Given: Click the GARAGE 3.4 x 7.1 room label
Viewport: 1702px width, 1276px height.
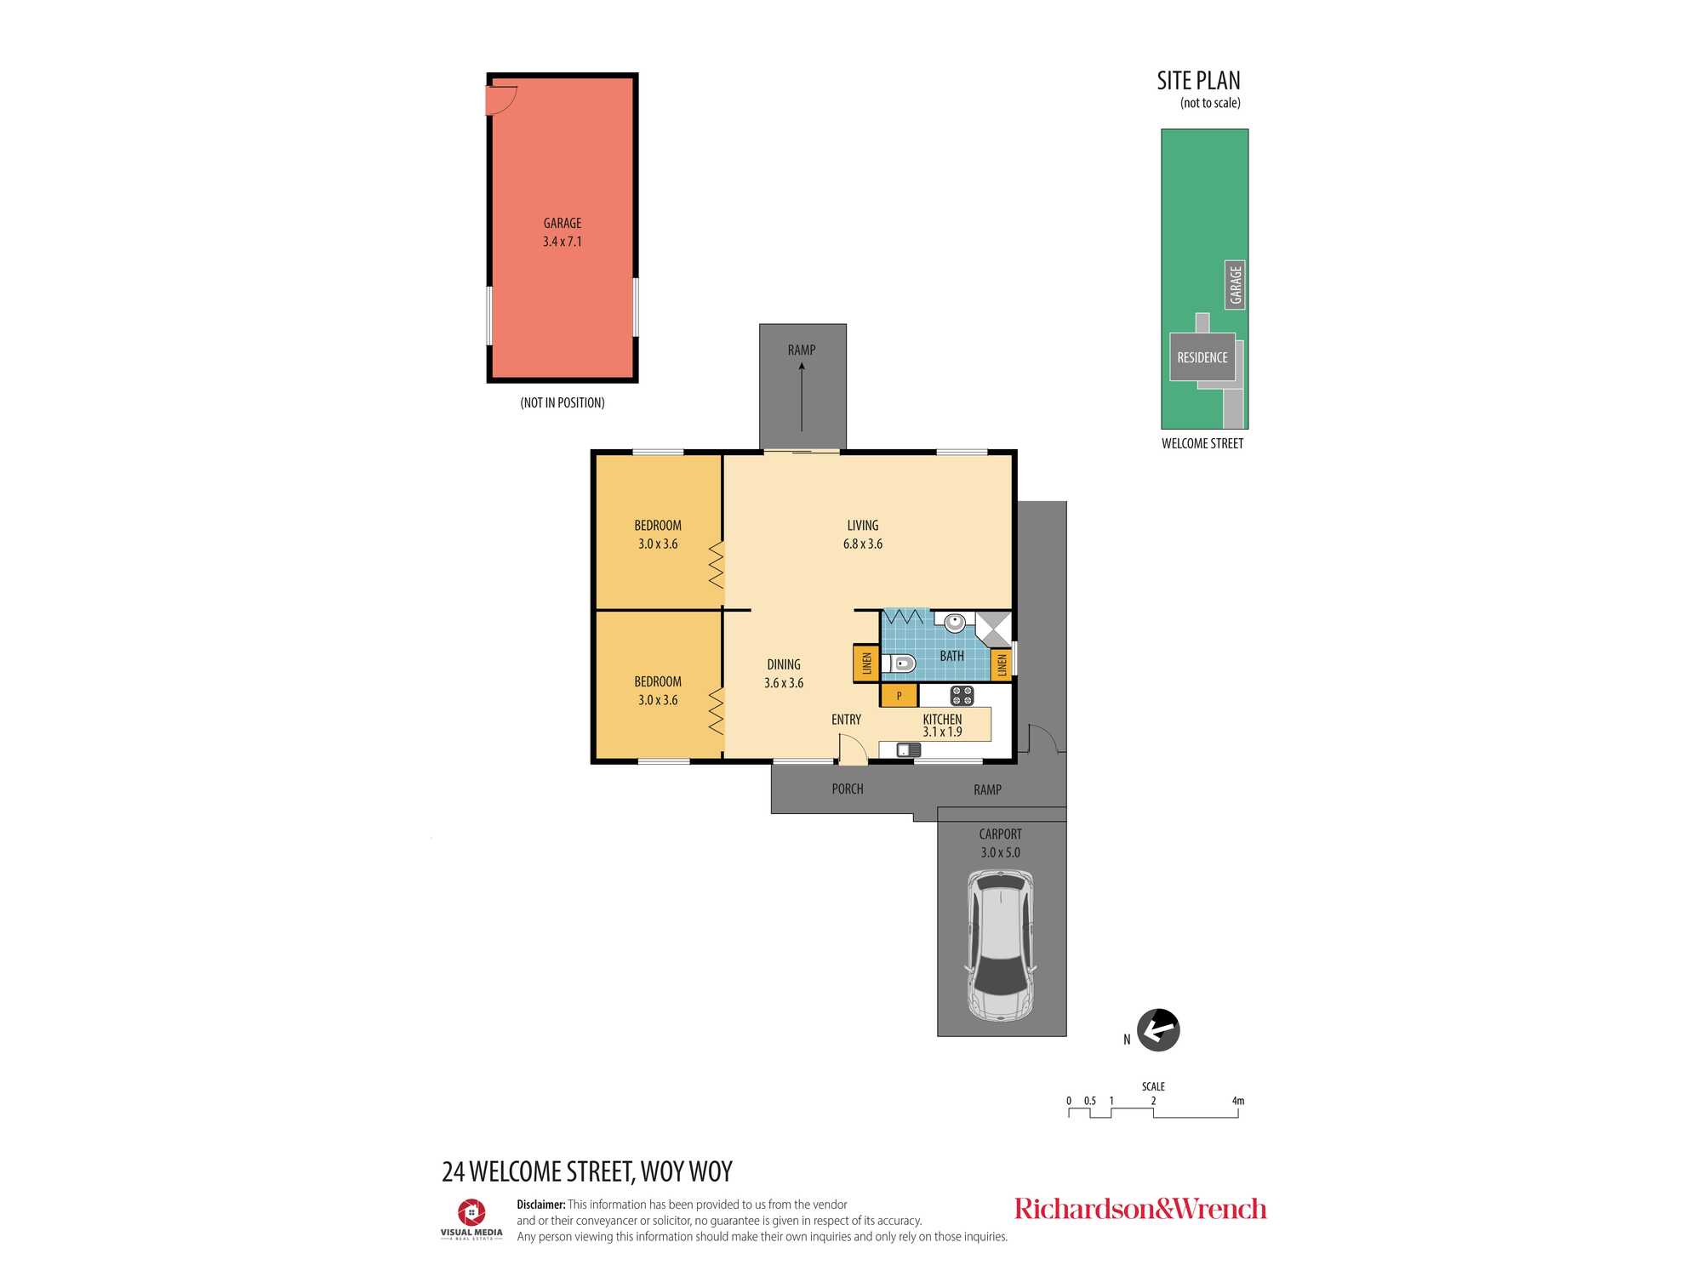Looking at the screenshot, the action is click(x=563, y=232).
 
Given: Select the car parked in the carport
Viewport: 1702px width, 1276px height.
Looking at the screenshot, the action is click(x=1001, y=944).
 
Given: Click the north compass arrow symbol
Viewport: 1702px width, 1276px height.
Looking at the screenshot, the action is click(x=1158, y=1030).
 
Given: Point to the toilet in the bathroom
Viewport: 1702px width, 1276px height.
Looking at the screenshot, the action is click(x=899, y=664).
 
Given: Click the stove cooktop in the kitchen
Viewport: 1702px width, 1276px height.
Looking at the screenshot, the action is click(x=962, y=696).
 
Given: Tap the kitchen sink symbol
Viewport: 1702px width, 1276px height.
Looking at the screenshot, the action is click(x=908, y=750).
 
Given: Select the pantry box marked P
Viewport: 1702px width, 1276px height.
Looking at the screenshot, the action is click(x=899, y=696).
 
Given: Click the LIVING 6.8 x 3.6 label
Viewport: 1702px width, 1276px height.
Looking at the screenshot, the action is click(x=863, y=534).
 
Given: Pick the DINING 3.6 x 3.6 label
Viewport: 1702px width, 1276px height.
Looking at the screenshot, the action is click(x=784, y=674).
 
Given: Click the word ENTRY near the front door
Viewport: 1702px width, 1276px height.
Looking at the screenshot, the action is click(x=846, y=720).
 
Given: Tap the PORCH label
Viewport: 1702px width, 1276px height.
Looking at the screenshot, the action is click(x=848, y=789).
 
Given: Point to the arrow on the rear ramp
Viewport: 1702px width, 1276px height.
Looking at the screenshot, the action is click(x=802, y=396).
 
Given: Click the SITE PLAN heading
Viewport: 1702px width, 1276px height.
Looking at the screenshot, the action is click(x=1198, y=81).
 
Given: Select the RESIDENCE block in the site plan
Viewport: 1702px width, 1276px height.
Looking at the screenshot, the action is click(x=1202, y=357).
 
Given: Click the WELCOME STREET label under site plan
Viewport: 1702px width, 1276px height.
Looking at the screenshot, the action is click(x=1202, y=443).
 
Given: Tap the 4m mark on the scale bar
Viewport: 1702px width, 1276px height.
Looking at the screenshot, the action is click(x=1238, y=1101).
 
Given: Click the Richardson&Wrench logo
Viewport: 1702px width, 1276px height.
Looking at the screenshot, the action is click(x=1140, y=1209).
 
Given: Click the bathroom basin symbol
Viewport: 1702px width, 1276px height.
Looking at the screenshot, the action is click(x=955, y=621).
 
